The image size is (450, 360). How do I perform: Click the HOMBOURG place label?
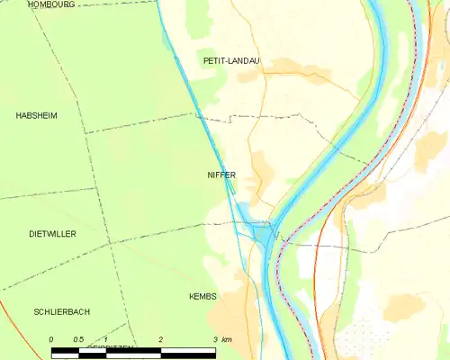coord(50,4)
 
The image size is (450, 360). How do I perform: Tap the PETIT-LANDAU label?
coord(231,60)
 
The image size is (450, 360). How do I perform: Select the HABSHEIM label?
coord(36,116)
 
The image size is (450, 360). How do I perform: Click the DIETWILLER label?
coord(52,233)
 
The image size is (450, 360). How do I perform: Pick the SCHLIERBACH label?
coord(61,311)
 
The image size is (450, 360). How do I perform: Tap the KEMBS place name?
coord(203,296)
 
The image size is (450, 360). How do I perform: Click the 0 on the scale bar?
coord(51,338)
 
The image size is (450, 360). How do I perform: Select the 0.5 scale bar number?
coord(78,338)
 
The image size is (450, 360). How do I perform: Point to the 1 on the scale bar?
coord(106,338)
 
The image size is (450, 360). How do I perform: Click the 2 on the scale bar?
coord(160,338)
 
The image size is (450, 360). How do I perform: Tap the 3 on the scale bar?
coord(214,338)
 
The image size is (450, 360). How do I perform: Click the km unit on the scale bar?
coord(227,338)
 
